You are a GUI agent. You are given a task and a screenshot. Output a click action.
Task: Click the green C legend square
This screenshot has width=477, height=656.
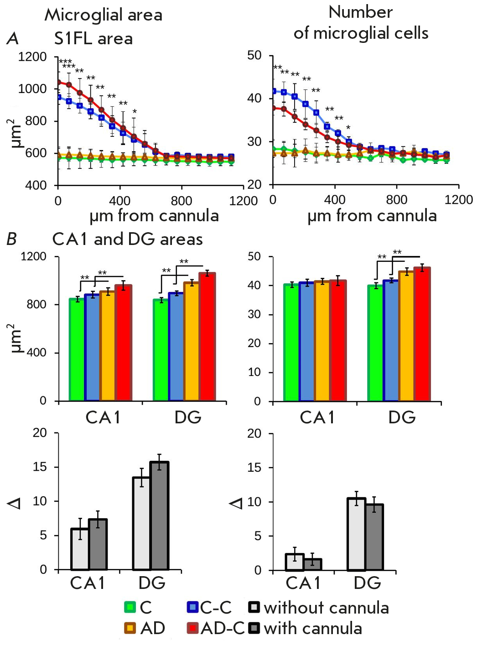130,607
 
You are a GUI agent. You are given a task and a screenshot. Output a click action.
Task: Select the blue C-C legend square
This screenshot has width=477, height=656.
192,607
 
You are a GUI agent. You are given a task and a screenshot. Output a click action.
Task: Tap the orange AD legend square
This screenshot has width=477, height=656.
130,628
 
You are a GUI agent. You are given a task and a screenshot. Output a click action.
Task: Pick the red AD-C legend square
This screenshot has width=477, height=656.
192,628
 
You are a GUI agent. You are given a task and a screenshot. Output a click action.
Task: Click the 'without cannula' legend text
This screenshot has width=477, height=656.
326,608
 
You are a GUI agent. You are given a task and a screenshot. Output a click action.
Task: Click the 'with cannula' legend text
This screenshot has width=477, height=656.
313,628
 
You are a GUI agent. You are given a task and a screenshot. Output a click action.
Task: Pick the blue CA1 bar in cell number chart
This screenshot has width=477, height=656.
307,342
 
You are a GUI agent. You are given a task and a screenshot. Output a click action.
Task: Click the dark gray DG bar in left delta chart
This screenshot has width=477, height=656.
159,515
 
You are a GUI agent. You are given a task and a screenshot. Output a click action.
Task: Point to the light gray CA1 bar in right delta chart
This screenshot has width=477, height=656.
295,562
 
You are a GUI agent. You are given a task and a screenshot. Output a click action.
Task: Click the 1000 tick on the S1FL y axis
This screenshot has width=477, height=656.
32,89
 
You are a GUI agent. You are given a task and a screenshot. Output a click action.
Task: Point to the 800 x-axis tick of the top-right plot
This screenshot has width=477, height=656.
396,199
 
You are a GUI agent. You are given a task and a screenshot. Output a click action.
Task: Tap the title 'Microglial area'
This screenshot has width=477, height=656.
104,15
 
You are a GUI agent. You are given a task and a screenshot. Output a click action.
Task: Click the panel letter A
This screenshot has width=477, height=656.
13,39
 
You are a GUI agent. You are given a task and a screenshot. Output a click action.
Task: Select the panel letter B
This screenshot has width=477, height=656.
12,239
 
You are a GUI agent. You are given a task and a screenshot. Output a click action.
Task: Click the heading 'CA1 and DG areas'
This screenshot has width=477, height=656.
128,239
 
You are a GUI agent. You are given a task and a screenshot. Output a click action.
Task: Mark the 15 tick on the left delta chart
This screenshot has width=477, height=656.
40,467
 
